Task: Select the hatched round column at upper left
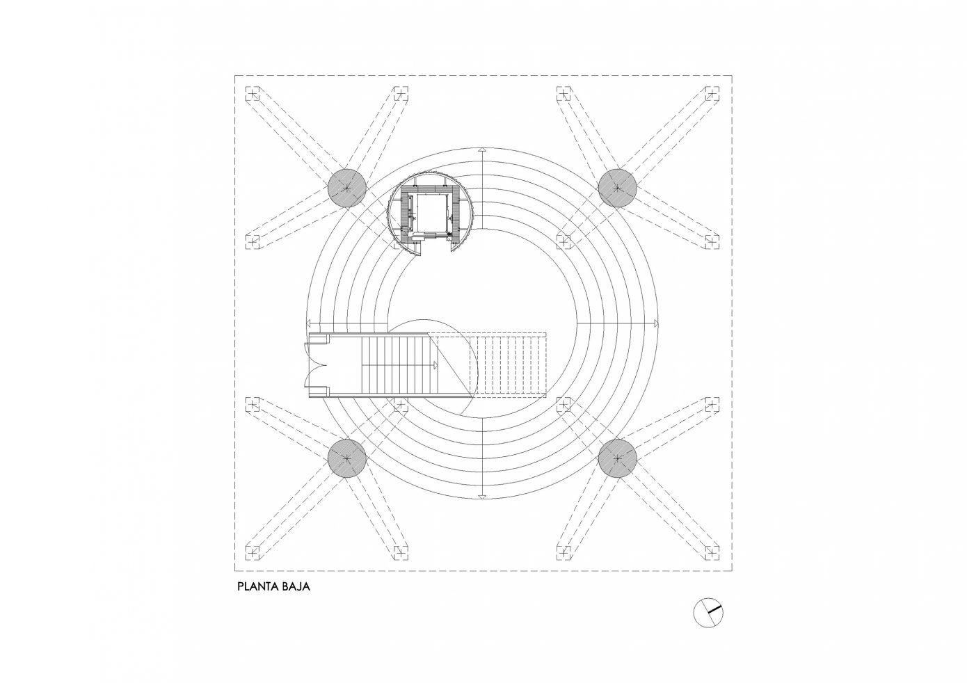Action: coord(346,186)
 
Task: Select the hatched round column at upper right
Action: coord(618,186)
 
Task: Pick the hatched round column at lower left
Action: coord(346,458)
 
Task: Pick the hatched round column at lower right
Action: coord(618,458)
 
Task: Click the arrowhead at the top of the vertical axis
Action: coord(481,150)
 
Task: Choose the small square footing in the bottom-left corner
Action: coord(252,553)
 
